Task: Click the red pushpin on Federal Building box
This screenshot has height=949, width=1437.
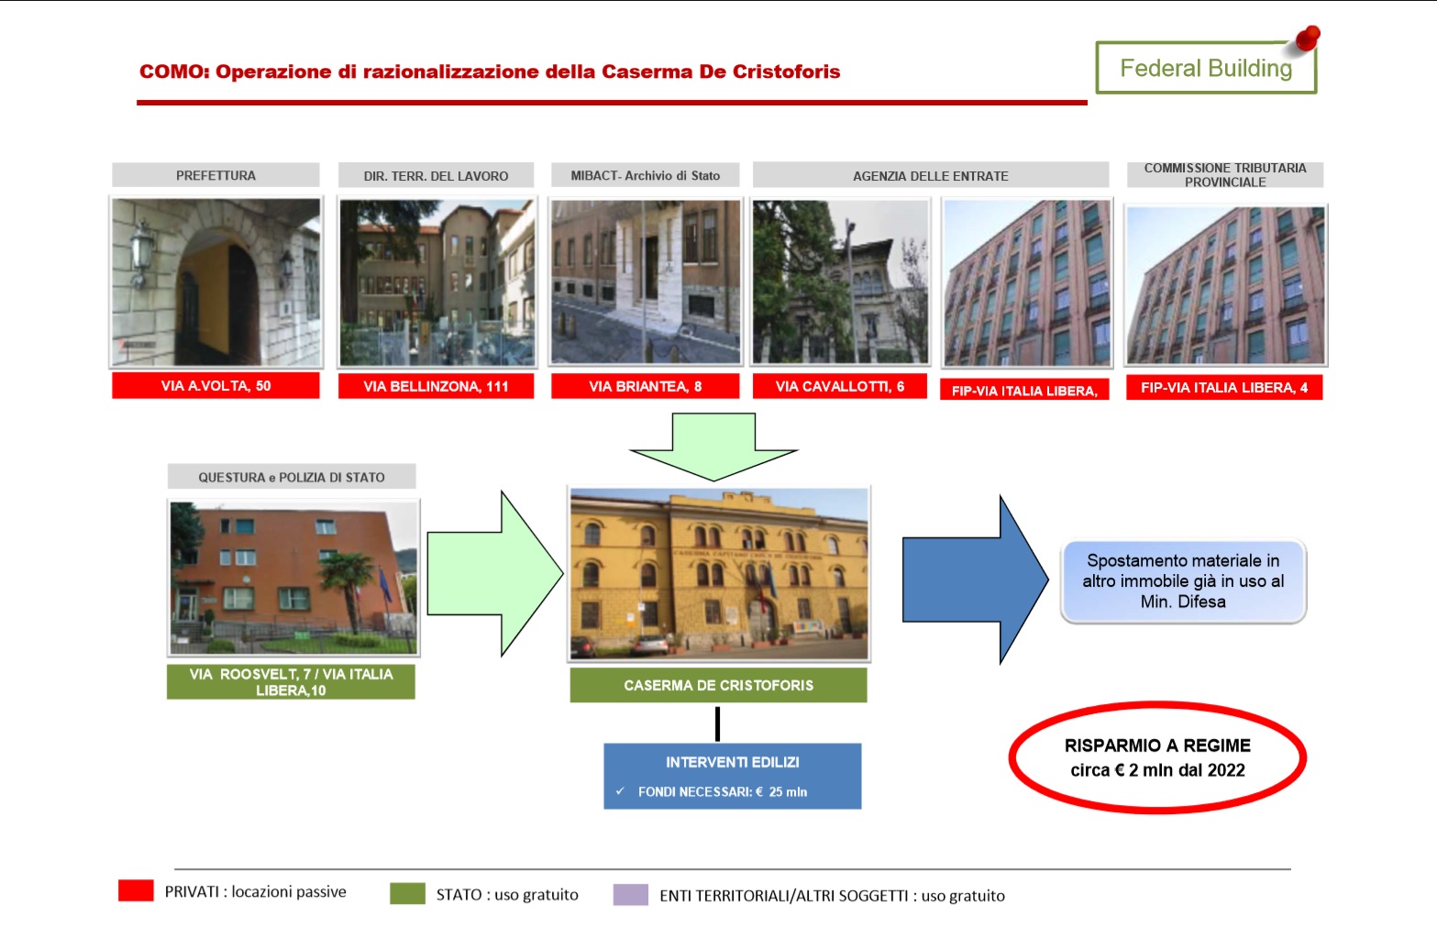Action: [1307, 38]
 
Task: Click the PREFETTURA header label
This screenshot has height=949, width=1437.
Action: [216, 175]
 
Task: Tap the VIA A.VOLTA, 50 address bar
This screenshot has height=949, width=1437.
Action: [216, 386]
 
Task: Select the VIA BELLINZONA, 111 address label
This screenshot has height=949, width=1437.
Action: [437, 387]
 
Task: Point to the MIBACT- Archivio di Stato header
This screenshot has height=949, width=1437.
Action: [646, 175]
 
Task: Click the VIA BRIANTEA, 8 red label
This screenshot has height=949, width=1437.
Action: [646, 387]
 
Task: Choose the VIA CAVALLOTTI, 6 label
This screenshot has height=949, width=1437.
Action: [840, 387]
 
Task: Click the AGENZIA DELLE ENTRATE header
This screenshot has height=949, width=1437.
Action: [931, 175]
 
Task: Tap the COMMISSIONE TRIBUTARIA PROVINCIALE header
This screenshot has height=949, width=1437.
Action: [1225, 175]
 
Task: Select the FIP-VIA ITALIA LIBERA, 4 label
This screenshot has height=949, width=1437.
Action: [1224, 388]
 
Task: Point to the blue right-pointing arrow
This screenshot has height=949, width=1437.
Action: [975, 579]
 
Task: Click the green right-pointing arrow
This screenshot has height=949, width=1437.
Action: [495, 574]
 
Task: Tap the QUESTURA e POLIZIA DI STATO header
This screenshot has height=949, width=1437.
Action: [292, 477]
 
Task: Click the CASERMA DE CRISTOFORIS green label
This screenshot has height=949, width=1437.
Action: [719, 686]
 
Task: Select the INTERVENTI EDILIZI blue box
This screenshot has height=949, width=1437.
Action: [733, 777]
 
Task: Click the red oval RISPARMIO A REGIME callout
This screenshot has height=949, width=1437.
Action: [1158, 702]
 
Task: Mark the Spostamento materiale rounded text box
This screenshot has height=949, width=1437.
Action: [1184, 581]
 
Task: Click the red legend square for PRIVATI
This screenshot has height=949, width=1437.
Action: [136, 890]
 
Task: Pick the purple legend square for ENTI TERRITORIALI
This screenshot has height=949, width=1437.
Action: [631, 895]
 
